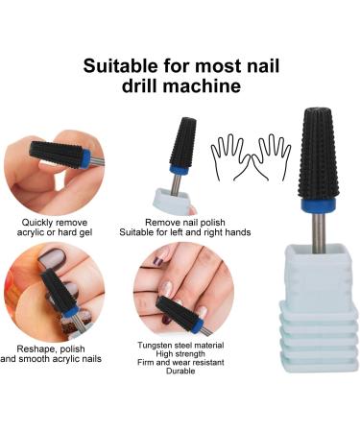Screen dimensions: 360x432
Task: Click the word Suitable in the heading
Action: point(120,66)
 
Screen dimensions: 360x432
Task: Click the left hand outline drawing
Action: point(230,156)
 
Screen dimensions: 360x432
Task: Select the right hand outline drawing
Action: point(272,156)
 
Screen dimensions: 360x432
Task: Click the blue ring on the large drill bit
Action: point(317,204)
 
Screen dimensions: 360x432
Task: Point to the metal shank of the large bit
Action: point(319,233)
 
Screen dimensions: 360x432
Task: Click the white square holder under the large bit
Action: point(319,308)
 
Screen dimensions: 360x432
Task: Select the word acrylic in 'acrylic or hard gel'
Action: point(31,232)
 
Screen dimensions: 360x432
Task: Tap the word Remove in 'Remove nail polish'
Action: point(158,222)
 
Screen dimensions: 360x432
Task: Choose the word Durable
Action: point(180,371)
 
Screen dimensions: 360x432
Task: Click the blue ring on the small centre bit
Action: point(180,170)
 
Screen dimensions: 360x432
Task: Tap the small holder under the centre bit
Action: point(173,202)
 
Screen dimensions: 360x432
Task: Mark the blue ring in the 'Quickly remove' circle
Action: point(85,158)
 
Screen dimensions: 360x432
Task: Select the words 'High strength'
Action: point(180,354)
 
